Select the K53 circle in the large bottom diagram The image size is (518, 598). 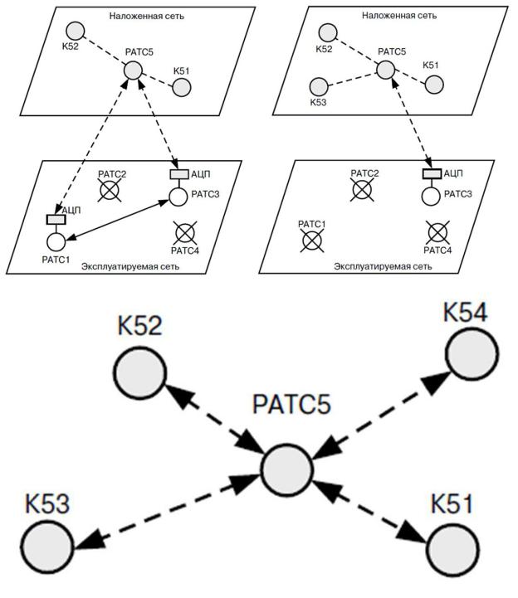click(x=46, y=548)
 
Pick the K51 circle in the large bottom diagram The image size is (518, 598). click(x=453, y=549)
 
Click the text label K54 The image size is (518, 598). click(x=464, y=314)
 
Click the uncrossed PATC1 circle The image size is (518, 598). click(x=56, y=241)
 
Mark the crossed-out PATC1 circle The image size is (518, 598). click(x=312, y=240)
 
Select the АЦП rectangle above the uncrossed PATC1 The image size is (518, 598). click(x=56, y=219)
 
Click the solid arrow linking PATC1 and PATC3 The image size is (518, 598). click(x=116, y=220)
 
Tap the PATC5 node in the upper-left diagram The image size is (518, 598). click(x=133, y=71)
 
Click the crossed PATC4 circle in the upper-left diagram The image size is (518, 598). click(x=183, y=231)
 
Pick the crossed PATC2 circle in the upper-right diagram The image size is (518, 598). click(x=361, y=190)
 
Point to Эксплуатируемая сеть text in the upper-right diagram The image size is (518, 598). click(x=383, y=266)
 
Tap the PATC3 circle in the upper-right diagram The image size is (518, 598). click(x=430, y=197)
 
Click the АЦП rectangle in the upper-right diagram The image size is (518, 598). click(x=431, y=174)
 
